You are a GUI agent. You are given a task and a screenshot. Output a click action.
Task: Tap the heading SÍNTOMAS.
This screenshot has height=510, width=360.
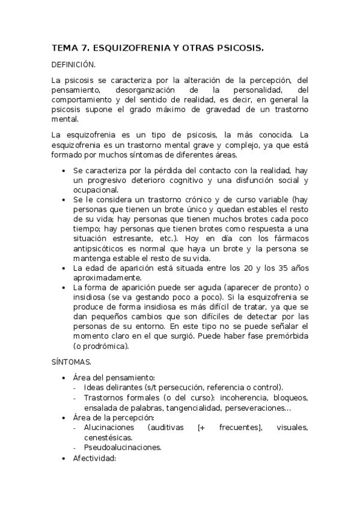coord(72,362)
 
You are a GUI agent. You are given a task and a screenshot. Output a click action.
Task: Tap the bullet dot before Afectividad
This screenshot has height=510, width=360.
coord(65,458)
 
